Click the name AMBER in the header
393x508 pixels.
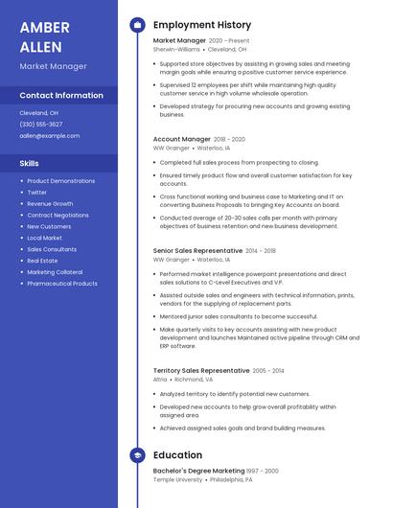[x=44, y=27]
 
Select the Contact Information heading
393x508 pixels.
[x=61, y=95]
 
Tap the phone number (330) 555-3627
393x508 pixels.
[x=41, y=124]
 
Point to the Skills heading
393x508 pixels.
[x=30, y=163]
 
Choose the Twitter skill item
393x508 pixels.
[x=36, y=192]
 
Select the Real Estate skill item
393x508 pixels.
[x=42, y=261]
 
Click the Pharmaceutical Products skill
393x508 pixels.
[x=62, y=284]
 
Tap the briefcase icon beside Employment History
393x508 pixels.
[x=137, y=25]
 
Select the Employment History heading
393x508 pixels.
[x=201, y=25]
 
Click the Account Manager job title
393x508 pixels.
[x=181, y=139]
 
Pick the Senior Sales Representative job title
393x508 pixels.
[x=197, y=250]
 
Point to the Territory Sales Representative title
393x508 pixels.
[x=201, y=370]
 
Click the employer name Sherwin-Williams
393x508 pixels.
[x=176, y=49]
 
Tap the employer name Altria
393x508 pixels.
[x=160, y=379]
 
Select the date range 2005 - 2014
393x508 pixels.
[x=268, y=370]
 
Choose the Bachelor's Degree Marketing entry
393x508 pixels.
[x=198, y=471]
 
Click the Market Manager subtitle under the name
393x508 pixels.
[x=53, y=66]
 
